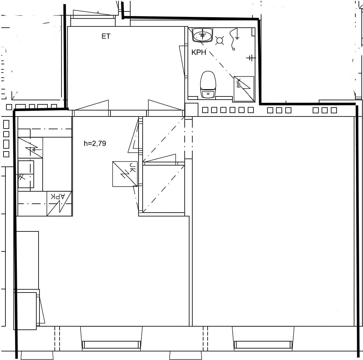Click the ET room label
[106, 36]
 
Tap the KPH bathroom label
[199, 52]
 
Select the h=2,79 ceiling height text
[95, 144]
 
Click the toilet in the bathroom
[208, 85]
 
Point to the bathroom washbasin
[203, 35]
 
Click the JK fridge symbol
[125, 174]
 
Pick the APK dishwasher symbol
[60, 204]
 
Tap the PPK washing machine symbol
[244, 89]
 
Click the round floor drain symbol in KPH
[219, 41]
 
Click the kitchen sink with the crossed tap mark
[26, 174]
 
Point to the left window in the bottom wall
[111, 344]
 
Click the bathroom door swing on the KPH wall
[183, 61]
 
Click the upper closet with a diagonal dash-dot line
[163, 139]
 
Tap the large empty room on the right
[273, 221]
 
